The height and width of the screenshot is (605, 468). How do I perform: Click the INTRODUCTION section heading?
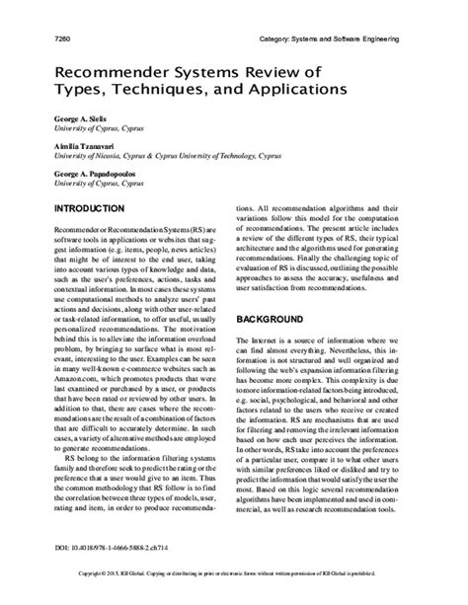point(90,209)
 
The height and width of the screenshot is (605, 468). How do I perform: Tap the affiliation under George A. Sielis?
point(88,128)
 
